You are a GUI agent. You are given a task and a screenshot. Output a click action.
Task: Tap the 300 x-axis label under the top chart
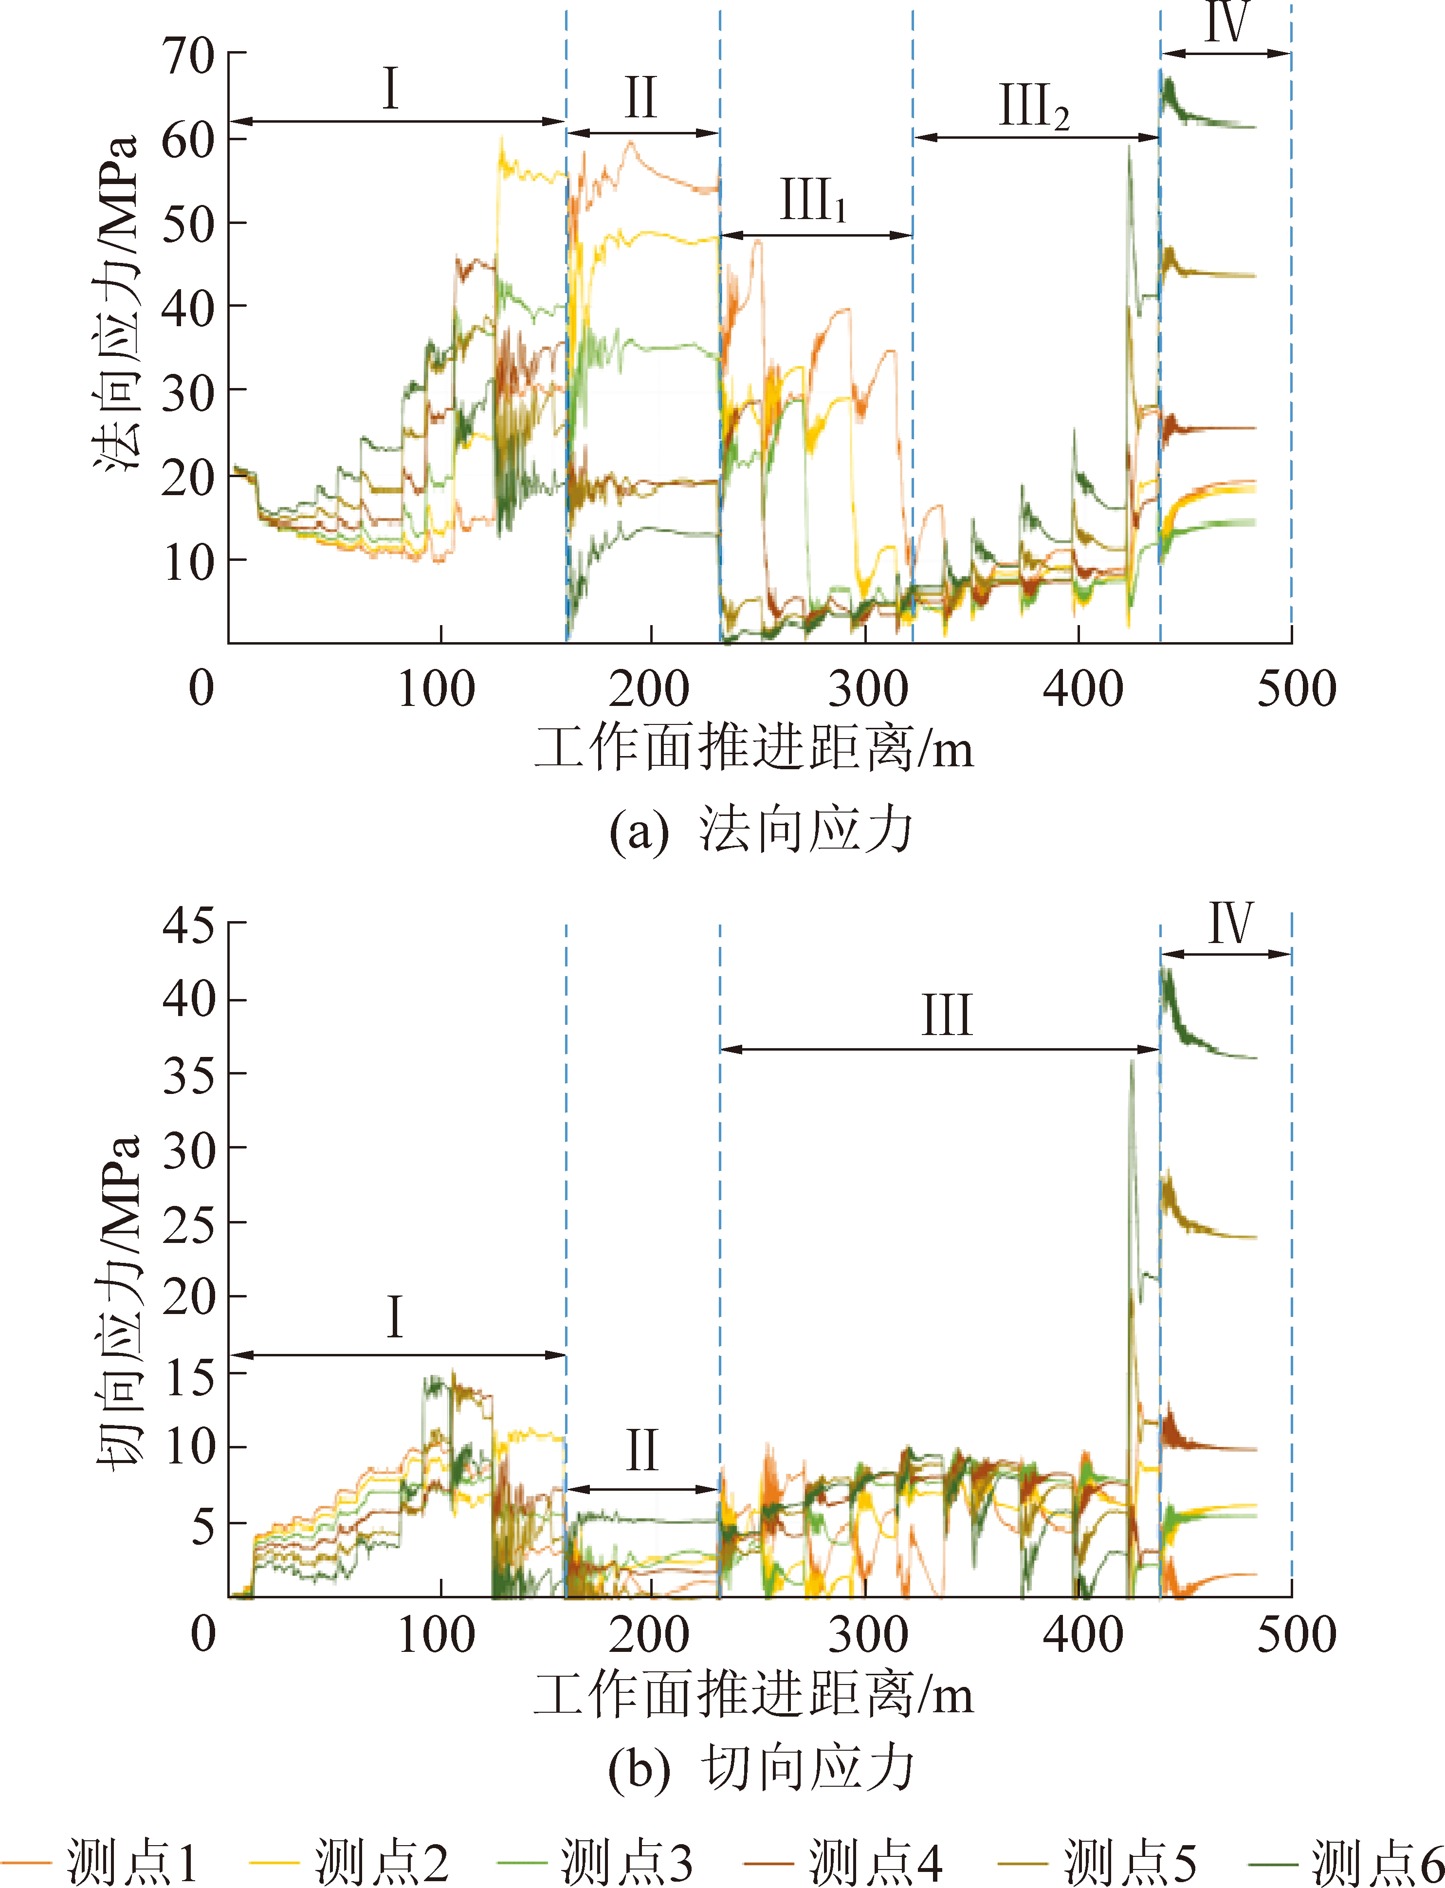click(x=867, y=690)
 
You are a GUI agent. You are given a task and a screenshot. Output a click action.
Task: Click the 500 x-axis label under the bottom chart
click(x=1296, y=1634)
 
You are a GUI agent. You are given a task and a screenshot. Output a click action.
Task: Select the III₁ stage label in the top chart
click(x=813, y=201)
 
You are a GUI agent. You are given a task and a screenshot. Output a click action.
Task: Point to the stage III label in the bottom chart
click(x=946, y=1015)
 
